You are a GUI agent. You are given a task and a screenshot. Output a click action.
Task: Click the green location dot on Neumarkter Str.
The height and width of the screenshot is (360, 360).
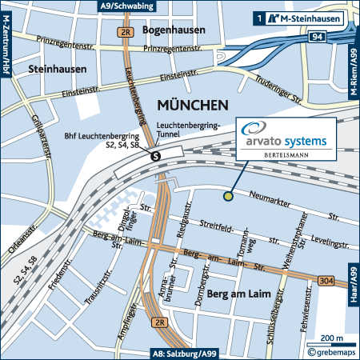pos(229,194)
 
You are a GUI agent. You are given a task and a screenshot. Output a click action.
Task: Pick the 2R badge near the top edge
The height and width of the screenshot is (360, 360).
pos(125,33)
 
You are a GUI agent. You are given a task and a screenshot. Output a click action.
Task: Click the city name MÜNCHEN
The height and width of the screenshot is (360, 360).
pos(193,105)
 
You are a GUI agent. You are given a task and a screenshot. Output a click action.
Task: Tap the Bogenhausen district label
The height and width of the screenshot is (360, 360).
pos(173,30)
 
